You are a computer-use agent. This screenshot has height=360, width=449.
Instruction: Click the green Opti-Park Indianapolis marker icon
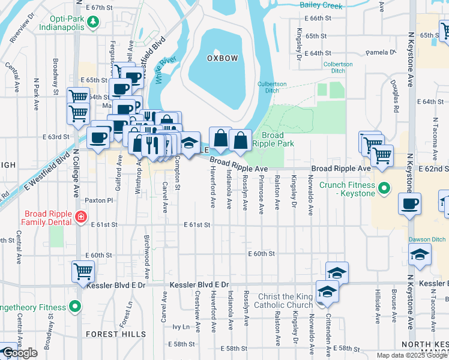pos(92,23)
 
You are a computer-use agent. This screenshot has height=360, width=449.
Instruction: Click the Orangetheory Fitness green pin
pos(74,308)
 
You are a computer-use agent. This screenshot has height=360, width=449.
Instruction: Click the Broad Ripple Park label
pos(273,139)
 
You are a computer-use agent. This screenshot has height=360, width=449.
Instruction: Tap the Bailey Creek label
pos(321,6)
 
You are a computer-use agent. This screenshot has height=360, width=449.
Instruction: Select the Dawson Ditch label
pos(427,239)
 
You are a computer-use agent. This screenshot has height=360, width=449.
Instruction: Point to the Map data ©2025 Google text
pos(412,355)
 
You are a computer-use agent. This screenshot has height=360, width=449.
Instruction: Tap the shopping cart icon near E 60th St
pos(83,271)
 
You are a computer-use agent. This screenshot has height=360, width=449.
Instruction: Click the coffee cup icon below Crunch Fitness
pos(411,203)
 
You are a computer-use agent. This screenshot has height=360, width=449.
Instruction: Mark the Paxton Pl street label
pos(98,200)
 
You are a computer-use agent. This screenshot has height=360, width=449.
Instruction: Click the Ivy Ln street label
pos(181,327)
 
